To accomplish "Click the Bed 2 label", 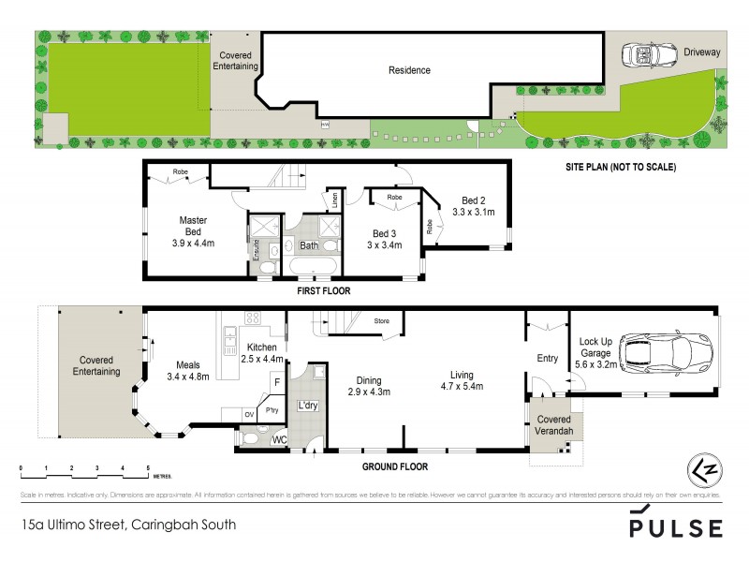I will click(474, 200).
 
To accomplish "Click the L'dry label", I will click(307, 405).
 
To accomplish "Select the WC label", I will click(278, 438).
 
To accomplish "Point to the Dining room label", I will click(368, 380).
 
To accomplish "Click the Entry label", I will click(547, 358).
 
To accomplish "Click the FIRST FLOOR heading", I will click(323, 291).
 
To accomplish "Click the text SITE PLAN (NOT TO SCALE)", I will click(620, 168).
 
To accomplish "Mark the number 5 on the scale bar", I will click(148, 466).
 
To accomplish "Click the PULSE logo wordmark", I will click(674, 528).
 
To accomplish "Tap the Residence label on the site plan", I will click(409, 70).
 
